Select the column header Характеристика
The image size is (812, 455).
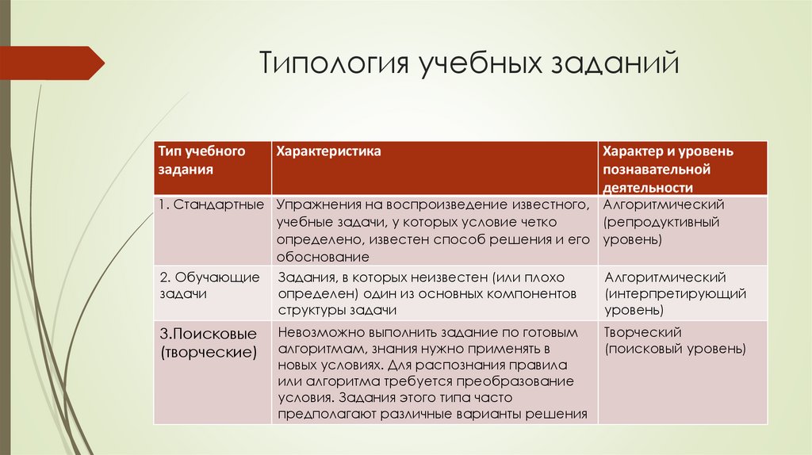click(x=327, y=150)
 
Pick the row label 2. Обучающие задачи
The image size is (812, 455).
click(x=210, y=285)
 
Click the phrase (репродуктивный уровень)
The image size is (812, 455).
click(x=661, y=230)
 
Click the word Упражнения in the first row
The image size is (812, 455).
click(x=314, y=205)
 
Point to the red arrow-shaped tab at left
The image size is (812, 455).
click(x=52, y=63)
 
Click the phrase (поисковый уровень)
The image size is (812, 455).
click(x=675, y=349)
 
